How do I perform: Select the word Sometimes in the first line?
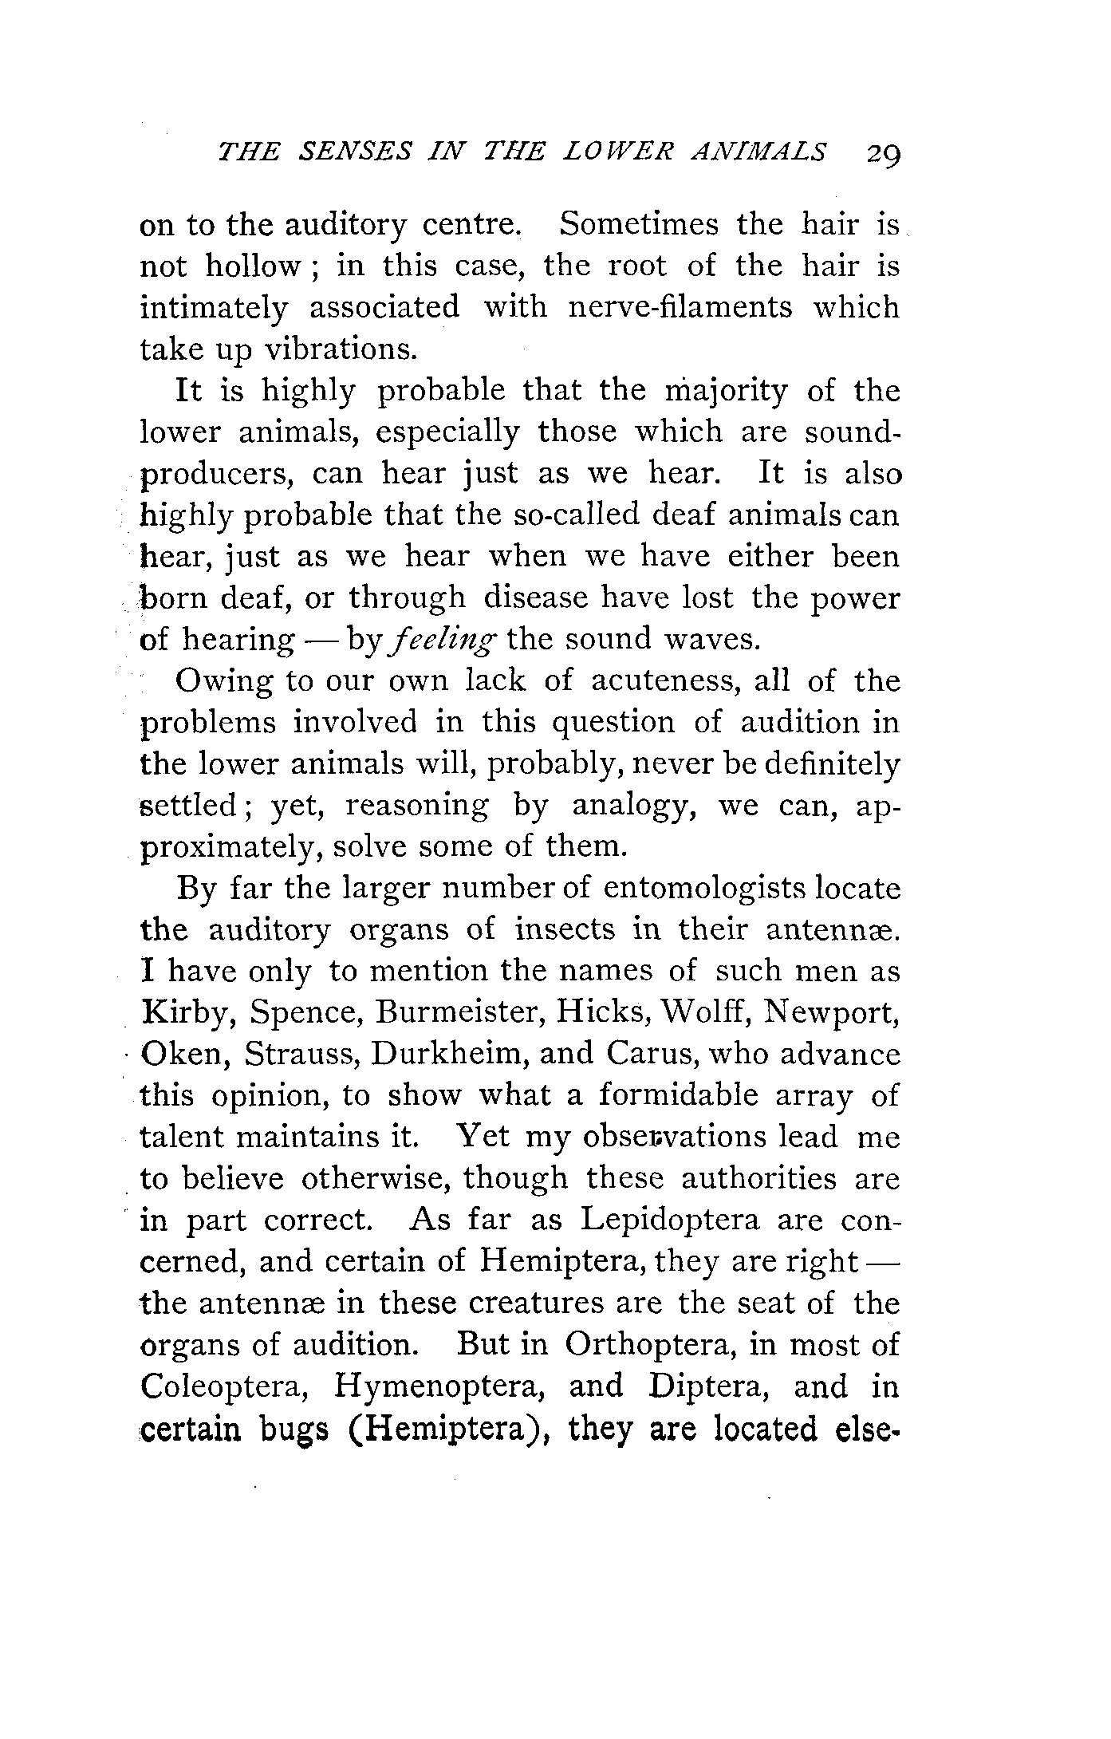tap(639, 224)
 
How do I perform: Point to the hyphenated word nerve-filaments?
tap(680, 307)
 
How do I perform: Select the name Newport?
tap(832, 1013)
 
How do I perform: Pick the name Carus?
tap(652, 1055)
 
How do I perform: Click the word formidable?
tap(678, 1096)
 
